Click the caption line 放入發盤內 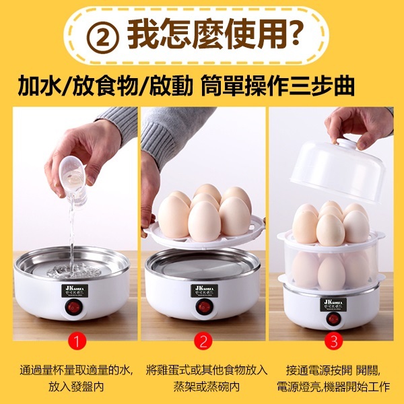[77, 388]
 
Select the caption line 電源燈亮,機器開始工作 [333, 388]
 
